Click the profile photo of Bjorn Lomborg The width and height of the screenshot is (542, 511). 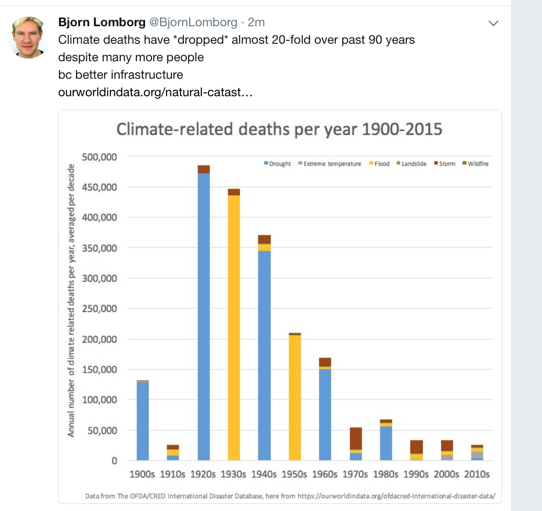click(28, 37)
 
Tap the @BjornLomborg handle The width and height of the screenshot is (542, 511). click(194, 22)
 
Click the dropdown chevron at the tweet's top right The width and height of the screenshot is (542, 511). click(493, 23)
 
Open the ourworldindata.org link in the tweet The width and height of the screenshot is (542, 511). click(155, 92)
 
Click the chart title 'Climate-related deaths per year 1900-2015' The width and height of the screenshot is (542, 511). click(279, 129)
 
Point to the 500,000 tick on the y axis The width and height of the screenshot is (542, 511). click(100, 157)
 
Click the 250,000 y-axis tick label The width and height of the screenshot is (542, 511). click(100, 309)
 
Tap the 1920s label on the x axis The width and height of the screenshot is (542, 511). click(203, 474)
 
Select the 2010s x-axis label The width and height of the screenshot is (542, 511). click(477, 474)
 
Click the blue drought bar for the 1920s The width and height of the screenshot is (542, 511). click(204, 315)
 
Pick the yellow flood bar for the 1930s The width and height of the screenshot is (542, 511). click(234, 328)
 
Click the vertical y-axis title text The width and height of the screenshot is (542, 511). click(71, 300)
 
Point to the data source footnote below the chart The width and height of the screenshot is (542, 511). click(290, 496)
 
